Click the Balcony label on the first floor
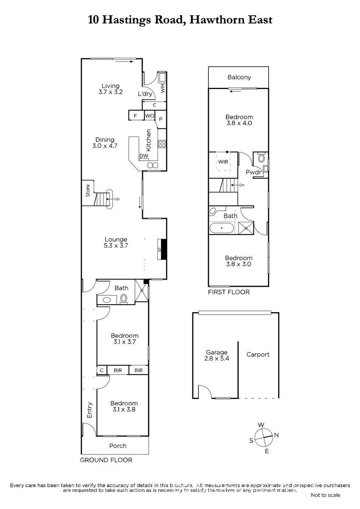tap(239, 77)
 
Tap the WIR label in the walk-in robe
tap(223, 162)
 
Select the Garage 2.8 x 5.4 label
tap(217, 355)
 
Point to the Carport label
tap(258, 355)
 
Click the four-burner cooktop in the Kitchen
tap(162, 144)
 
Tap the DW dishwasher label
tap(144, 156)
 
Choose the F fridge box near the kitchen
tap(135, 116)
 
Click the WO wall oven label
tap(149, 116)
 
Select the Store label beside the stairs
tap(88, 190)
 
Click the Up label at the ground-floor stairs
tap(117, 199)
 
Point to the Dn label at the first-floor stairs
tap(242, 185)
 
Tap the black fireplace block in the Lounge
tap(164, 249)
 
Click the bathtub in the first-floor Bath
tap(221, 228)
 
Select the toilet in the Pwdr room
tap(262, 157)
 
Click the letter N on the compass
tap(276, 435)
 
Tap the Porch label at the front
tap(118, 446)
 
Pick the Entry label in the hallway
tap(90, 410)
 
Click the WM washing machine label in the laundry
tap(163, 88)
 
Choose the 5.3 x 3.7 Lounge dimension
tap(116, 246)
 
